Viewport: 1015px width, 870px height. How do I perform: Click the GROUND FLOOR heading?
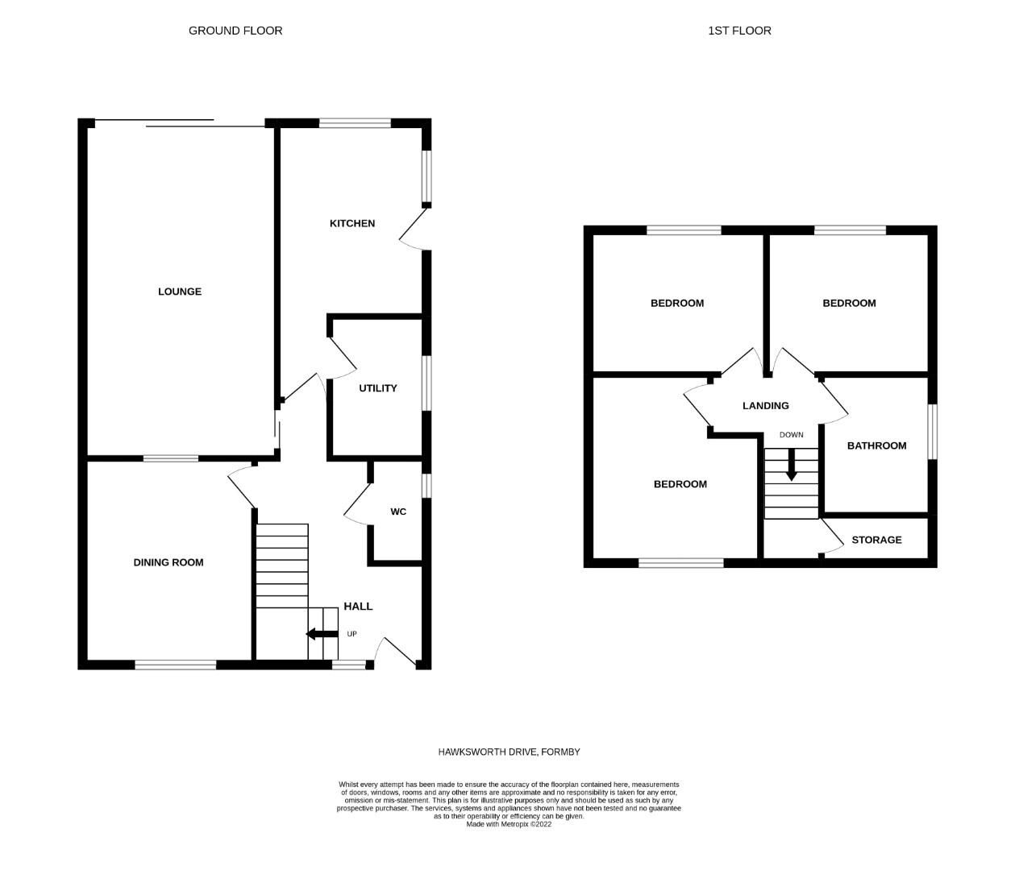coord(235,31)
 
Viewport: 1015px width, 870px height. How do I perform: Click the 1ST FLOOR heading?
coord(739,31)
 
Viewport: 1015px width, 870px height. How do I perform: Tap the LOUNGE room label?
coord(180,292)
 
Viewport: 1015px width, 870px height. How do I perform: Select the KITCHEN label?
coord(352,223)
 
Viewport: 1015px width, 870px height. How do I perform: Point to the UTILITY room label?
coord(378,388)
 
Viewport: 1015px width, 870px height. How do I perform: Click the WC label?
coord(398,512)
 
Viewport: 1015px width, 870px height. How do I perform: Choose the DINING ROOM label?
coord(168,562)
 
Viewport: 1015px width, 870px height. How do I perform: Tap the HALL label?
coord(359,606)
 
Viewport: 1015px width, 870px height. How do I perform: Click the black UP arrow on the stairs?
coord(322,634)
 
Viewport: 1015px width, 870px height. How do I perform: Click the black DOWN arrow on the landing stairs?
coord(792,464)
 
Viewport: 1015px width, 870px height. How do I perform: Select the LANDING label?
coord(766,406)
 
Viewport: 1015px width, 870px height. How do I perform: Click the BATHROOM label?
coord(876,445)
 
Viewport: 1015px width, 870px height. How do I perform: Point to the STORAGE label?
coord(876,540)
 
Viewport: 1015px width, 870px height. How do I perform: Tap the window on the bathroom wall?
coord(932,432)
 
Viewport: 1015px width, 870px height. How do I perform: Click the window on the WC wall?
coord(426,486)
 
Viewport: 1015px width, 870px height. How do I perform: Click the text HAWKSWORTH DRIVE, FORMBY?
coord(509,752)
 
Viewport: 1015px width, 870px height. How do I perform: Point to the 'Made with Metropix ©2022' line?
coord(509,824)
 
